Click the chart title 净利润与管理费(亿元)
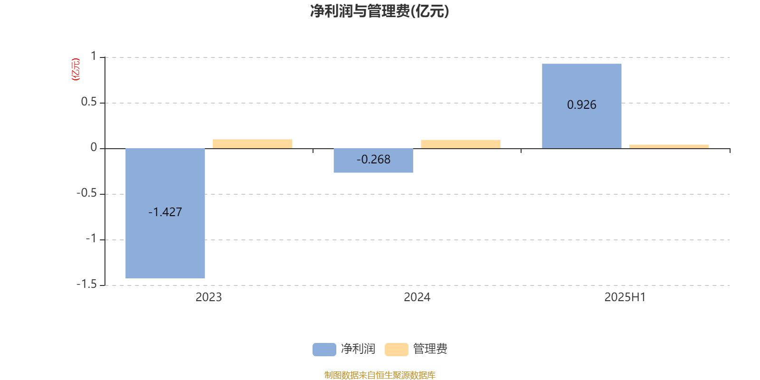(x=380, y=11)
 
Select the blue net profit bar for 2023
(x=165, y=213)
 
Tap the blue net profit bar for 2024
(x=373, y=161)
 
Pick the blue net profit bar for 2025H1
(x=582, y=106)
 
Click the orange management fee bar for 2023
(x=252, y=144)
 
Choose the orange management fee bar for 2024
(x=461, y=144)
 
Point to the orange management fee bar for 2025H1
(x=669, y=147)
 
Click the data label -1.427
(x=165, y=212)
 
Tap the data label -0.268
(x=373, y=160)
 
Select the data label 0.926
(x=581, y=105)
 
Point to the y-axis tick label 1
(x=94, y=57)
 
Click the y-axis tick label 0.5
(x=89, y=102)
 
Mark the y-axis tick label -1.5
(x=87, y=285)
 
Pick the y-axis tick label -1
(x=91, y=239)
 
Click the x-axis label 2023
(x=209, y=297)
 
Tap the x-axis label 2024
(x=417, y=297)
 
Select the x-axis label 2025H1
(x=625, y=297)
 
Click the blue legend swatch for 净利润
(x=324, y=350)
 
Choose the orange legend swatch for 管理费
(x=397, y=350)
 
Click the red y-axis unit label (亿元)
(x=76, y=69)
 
